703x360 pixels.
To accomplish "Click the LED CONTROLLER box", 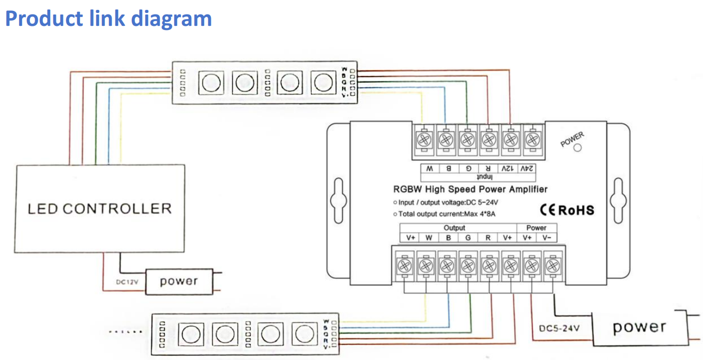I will [99, 209].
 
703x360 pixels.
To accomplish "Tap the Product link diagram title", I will [109, 19].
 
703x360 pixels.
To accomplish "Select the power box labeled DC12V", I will [179, 282].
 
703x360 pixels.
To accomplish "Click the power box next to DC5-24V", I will [639, 327].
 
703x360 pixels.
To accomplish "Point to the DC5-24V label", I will [559, 328].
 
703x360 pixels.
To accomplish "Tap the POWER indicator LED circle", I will [577, 148].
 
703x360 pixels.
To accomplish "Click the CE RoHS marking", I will [567, 210].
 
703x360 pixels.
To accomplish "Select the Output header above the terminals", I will [454, 228].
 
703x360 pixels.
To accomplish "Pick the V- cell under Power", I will [547, 237].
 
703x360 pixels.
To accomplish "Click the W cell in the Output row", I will [429, 237].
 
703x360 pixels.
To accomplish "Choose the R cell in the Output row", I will [488, 237].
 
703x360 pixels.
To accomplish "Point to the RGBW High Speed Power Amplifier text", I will [470, 189].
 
